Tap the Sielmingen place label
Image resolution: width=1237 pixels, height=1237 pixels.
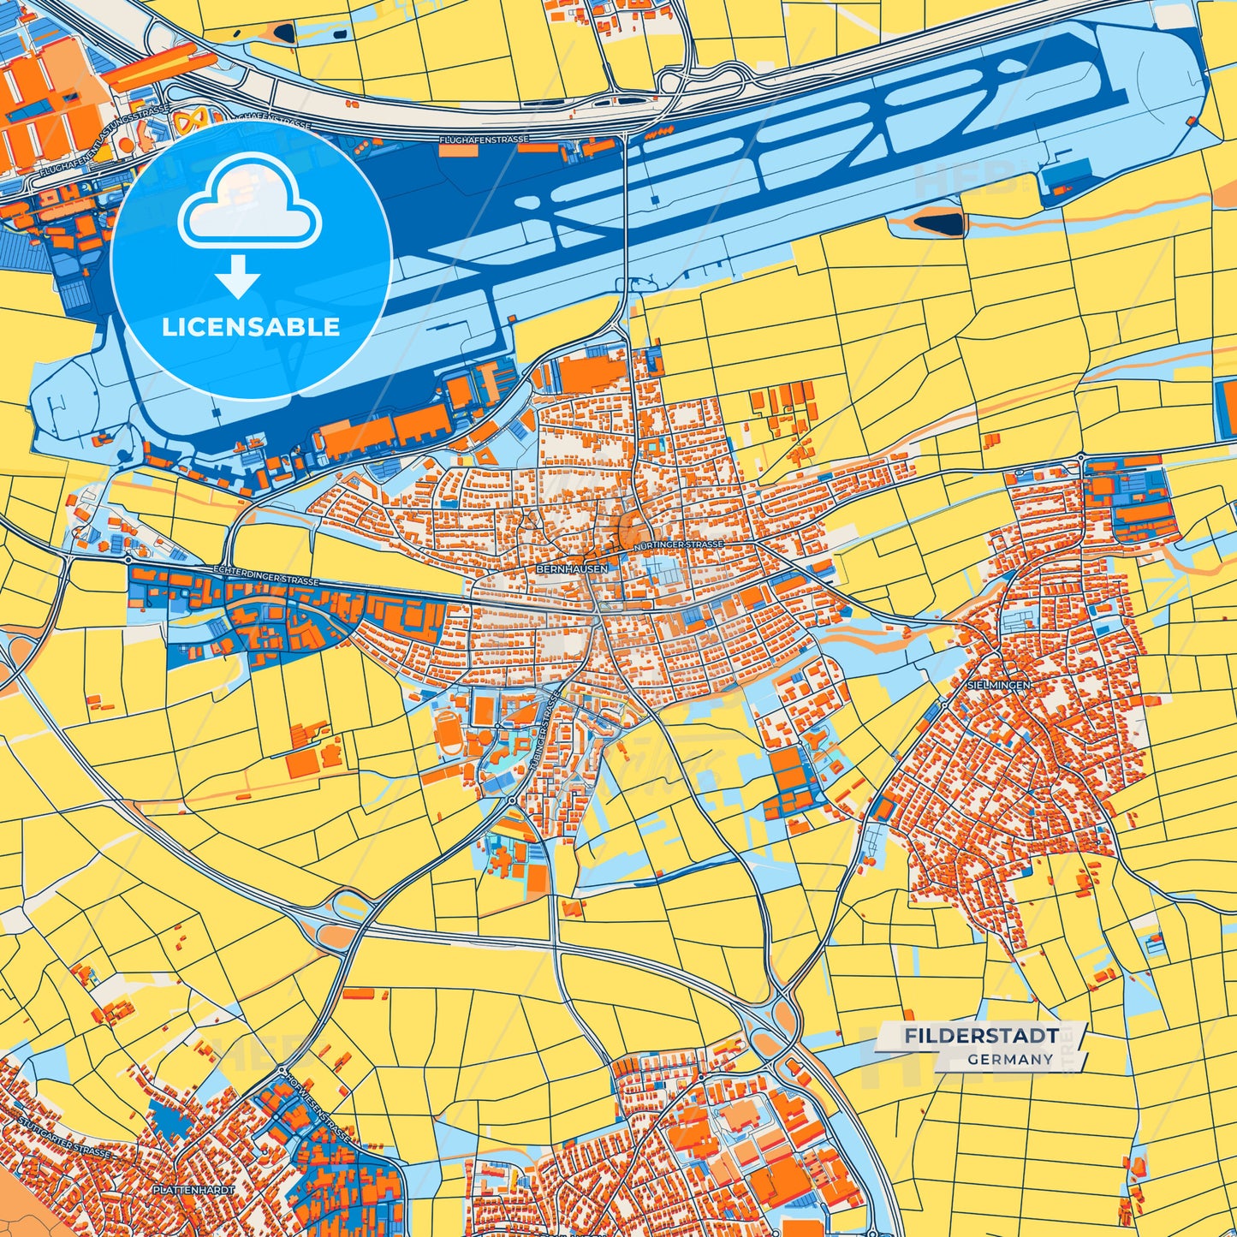[x=998, y=685]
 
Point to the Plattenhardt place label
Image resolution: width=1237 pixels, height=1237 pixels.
[x=193, y=1190]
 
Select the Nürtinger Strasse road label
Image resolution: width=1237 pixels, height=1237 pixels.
[x=679, y=544]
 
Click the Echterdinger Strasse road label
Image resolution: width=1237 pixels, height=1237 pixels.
[x=265, y=575]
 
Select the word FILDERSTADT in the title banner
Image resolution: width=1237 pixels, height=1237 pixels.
[x=981, y=1036]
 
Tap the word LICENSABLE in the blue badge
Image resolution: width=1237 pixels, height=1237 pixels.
[x=251, y=327]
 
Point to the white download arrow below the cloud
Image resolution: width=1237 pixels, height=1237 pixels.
[x=238, y=277]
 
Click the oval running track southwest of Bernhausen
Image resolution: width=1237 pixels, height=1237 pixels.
[x=447, y=731]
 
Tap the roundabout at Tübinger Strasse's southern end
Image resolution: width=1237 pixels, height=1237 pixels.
[x=512, y=800]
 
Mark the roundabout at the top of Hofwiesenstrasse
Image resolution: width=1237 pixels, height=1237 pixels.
[x=282, y=1071]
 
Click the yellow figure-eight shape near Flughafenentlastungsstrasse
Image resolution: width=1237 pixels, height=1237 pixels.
[x=189, y=120]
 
